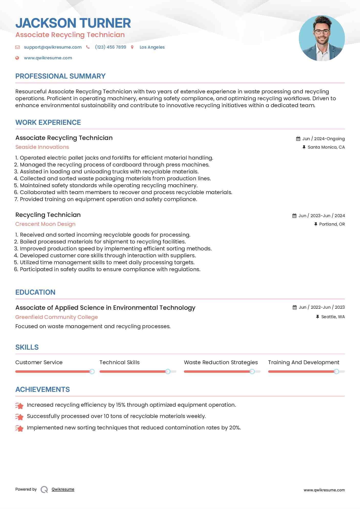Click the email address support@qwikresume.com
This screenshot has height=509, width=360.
pos(53,47)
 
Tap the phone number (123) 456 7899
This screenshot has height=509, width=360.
pos(111,47)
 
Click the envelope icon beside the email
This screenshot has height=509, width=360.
pos(17,47)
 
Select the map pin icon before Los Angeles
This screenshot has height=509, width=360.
pos(132,47)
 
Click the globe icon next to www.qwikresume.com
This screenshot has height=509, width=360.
pos(17,58)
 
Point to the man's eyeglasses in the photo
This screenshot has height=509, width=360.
pos(322,32)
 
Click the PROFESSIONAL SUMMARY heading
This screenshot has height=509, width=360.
pos(60,76)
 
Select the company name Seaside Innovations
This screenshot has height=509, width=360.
pos(42,147)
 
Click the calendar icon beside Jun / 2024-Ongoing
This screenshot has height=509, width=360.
pos(298,139)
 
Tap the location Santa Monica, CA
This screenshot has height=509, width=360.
pos(326,147)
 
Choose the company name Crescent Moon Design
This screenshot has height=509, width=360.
pos(45,224)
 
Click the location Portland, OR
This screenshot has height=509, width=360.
pos(332,224)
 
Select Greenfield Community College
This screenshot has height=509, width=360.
pos(57,317)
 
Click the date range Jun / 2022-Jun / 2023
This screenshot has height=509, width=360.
pos(322,307)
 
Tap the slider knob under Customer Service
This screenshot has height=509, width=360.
pos(92,371)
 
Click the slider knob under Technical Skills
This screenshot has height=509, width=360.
pos(168,371)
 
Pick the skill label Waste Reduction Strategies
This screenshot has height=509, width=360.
pos(221,362)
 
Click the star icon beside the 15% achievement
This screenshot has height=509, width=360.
pos(19,405)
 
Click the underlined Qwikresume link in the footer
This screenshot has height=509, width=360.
pos(63,489)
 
